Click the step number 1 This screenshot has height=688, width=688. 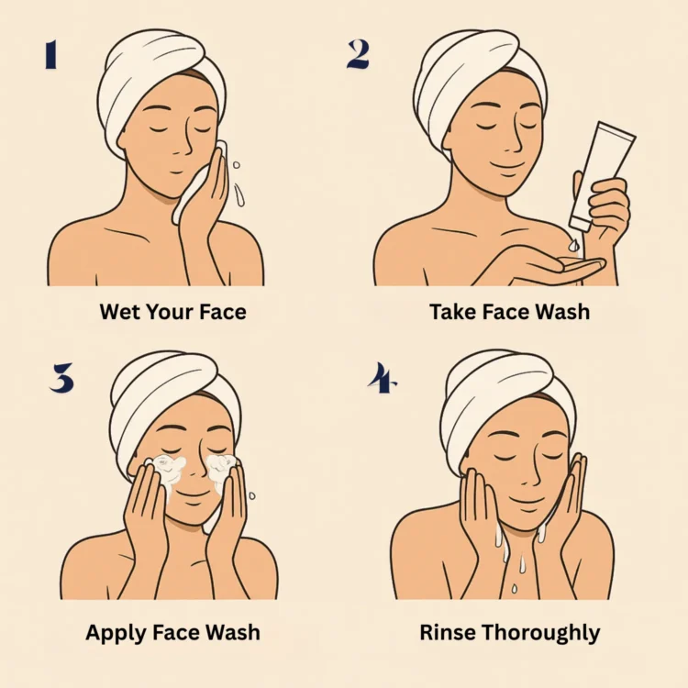pyautogui.click(x=50, y=54)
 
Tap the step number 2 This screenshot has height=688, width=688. pyautogui.click(x=358, y=54)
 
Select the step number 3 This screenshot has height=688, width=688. pyautogui.click(x=61, y=377)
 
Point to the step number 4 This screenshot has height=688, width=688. pyautogui.click(x=382, y=377)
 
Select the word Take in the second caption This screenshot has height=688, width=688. pyautogui.click(x=453, y=312)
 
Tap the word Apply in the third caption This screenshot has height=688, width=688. pyautogui.click(x=117, y=633)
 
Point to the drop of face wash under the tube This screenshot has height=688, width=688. pyautogui.click(x=573, y=245)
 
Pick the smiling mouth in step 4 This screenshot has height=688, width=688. pyautogui.click(x=527, y=502)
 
